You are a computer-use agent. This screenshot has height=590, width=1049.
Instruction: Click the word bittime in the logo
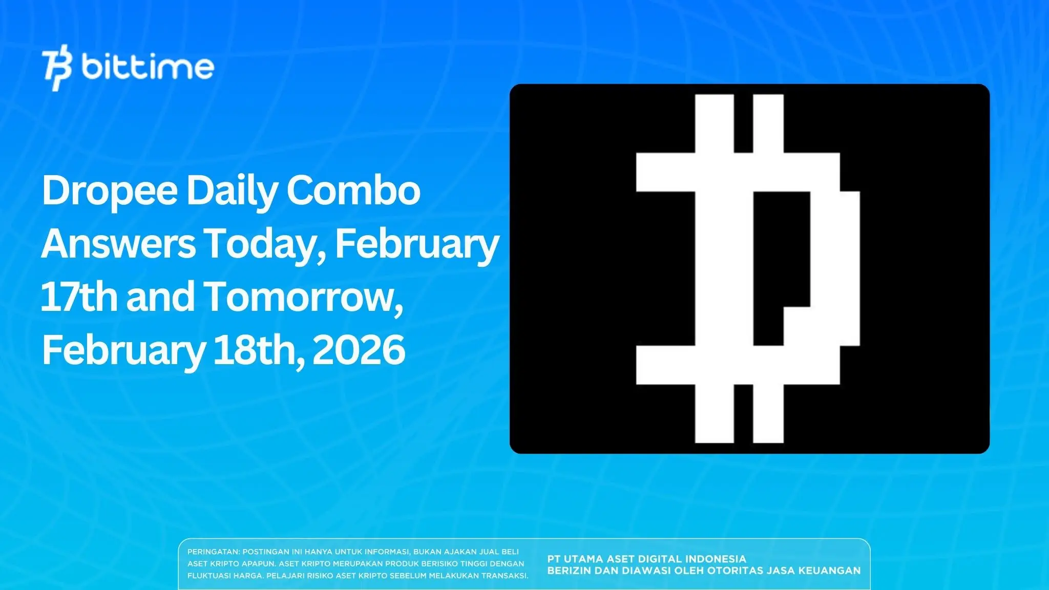click(x=148, y=67)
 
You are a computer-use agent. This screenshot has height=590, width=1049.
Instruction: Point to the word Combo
click(x=353, y=191)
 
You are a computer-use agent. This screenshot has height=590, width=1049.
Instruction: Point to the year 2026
click(x=359, y=350)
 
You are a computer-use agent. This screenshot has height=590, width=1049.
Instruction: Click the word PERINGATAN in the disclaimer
click(x=213, y=552)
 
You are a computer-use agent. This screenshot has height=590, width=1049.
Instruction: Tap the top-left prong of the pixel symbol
click(x=714, y=123)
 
